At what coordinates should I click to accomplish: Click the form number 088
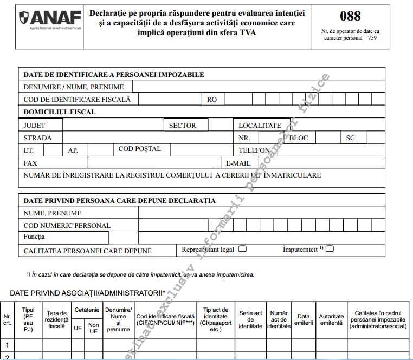pos(350,16)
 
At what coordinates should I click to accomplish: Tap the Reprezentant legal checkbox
pos(242,249)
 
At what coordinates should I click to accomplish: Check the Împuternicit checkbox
pos(330,249)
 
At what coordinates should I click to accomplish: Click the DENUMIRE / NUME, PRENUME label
pos(74,87)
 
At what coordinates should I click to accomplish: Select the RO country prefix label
pos(212,100)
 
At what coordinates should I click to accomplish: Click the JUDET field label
pos(35,126)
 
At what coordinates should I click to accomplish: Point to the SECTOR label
pos(182,126)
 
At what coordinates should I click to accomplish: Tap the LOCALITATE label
pos(260,126)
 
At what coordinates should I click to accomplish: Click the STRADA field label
pos(37,138)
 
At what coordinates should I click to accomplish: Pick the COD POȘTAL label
pos(139,149)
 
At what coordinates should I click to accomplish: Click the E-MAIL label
pos(238,163)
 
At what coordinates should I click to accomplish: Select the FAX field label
pos(31,163)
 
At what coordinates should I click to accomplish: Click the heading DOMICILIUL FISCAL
pos(60,112)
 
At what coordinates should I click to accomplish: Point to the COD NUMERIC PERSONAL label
pos(67,226)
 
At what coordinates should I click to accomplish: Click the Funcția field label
pos(34,237)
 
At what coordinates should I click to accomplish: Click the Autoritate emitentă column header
pos(331,319)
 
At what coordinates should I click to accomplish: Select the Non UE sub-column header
pos(93,328)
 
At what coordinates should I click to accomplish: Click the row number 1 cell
pos(7,344)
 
